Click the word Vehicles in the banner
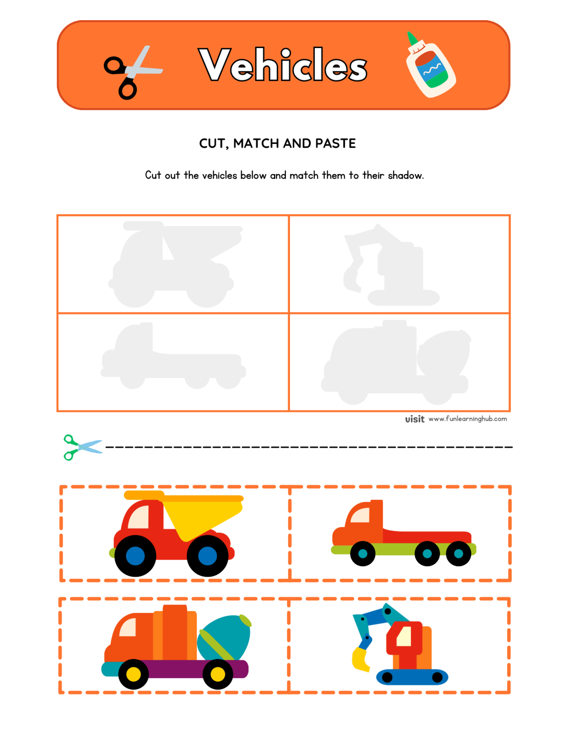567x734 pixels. [x=283, y=65]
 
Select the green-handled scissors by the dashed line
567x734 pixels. [x=82, y=447]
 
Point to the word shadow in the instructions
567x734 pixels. [x=405, y=176]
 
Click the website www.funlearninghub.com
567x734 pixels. [x=467, y=419]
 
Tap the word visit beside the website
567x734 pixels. [x=415, y=419]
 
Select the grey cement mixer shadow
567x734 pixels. [x=395, y=363]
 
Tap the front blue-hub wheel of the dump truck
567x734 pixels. [x=135, y=556]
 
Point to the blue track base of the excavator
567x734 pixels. [x=412, y=677]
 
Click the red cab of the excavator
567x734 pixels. [x=404, y=640]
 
